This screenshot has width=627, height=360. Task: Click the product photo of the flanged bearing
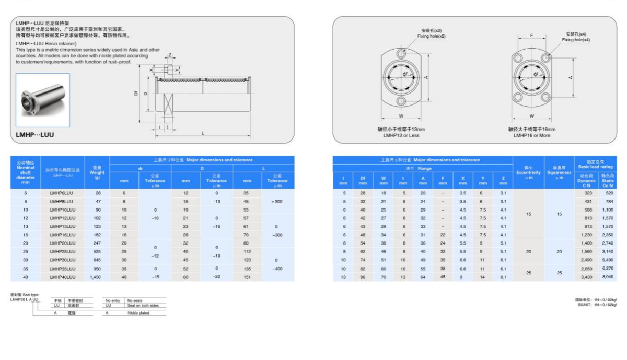[43, 100]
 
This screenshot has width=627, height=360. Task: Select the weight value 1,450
[95, 277]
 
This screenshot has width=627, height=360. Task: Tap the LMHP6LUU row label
[62, 193]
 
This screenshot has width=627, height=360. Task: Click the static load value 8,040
[608, 277]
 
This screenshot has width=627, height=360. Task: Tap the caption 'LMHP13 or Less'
[401, 135]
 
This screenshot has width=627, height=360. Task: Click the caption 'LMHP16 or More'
[531, 135]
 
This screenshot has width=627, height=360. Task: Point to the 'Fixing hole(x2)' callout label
[431, 36]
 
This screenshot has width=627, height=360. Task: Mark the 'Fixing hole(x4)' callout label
[576, 40]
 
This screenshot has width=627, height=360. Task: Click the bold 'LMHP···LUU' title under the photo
[35, 134]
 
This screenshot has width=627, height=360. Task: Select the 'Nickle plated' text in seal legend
[138, 313]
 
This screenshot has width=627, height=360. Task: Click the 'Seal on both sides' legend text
[143, 305]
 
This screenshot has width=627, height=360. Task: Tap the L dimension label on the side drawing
[203, 133]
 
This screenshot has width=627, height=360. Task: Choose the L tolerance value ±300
[277, 202]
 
